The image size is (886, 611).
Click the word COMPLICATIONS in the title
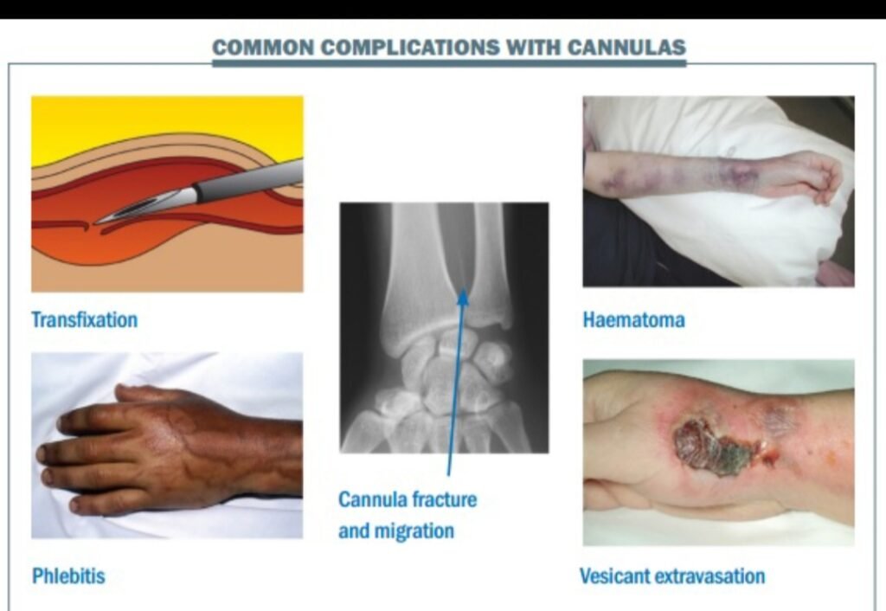(x=410, y=48)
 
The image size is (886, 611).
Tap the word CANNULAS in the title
(x=626, y=48)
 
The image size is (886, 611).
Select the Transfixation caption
(x=85, y=320)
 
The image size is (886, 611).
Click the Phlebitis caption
(x=68, y=576)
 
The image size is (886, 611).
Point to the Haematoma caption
(x=634, y=320)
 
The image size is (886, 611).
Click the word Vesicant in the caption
(x=615, y=576)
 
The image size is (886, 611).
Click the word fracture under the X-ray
(x=444, y=499)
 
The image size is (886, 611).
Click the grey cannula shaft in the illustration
(x=248, y=180)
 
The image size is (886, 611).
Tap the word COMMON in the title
(x=263, y=48)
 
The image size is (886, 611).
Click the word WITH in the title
(x=533, y=48)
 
